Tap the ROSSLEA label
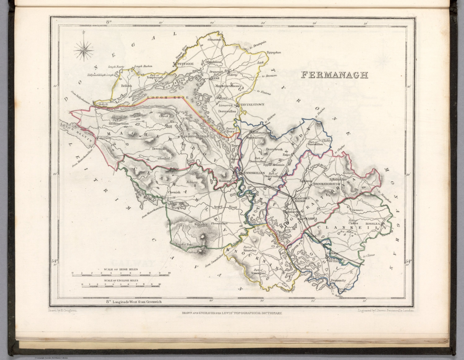pos(373,224)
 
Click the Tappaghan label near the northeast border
pos(273,53)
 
